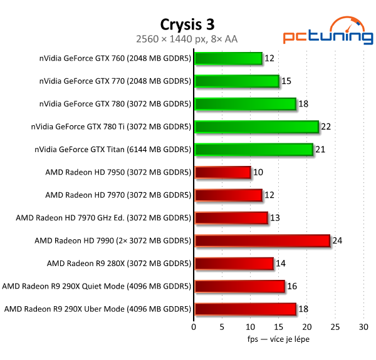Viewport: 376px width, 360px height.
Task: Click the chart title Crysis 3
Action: tap(187, 24)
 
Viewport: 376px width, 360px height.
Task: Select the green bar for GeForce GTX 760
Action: tap(228, 58)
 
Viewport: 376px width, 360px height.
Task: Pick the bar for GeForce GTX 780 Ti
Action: tap(256, 126)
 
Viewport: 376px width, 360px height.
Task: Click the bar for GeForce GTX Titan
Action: tap(254, 149)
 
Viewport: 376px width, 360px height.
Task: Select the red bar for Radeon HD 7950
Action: tap(222, 172)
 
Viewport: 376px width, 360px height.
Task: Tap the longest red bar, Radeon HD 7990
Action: tap(262, 240)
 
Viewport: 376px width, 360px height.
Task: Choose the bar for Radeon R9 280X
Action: tap(234, 263)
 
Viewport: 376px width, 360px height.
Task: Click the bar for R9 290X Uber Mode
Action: tap(245, 309)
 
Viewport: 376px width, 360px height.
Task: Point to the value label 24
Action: tap(337, 240)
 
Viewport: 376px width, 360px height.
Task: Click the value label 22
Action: tap(326, 126)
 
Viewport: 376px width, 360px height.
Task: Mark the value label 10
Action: tap(258, 172)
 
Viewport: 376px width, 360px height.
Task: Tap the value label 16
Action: tap(292, 286)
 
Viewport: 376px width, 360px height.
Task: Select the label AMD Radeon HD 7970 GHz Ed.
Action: tap(103, 218)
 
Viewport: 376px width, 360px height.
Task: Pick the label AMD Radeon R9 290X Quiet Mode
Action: tap(97, 286)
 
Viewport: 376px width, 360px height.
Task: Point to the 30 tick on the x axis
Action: tap(363, 327)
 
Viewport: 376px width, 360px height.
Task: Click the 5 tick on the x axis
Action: tap(222, 327)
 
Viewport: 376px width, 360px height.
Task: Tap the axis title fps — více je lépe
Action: tap(278, 339)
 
